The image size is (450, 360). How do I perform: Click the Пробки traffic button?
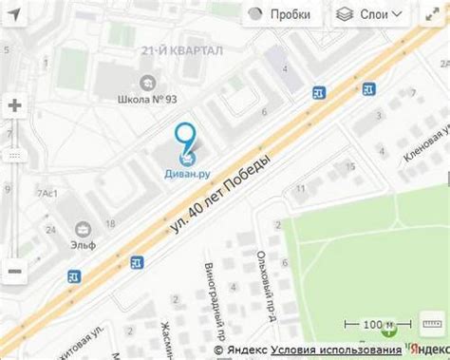click(281, 14)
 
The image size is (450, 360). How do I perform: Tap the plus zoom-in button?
click(14, 105)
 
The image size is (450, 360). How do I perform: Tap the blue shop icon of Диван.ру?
click(188, 151)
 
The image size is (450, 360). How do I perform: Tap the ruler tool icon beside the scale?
click(433, 326)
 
